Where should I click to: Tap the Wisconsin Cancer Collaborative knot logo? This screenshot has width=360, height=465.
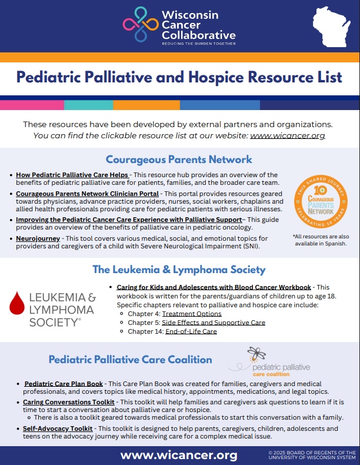pos(139,25)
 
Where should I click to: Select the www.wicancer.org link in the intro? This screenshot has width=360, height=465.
pos(288,135)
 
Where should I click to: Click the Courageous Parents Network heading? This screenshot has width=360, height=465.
pos(179,160)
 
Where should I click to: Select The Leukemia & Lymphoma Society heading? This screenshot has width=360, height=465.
pos(179,270)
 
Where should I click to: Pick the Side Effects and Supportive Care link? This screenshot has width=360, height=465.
pos(214,323)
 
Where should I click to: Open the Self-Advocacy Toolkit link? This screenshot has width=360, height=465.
pos(58,429)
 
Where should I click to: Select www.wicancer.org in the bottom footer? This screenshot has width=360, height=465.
pos(179,455)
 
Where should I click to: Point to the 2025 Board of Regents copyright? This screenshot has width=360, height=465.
pos(310,455)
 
